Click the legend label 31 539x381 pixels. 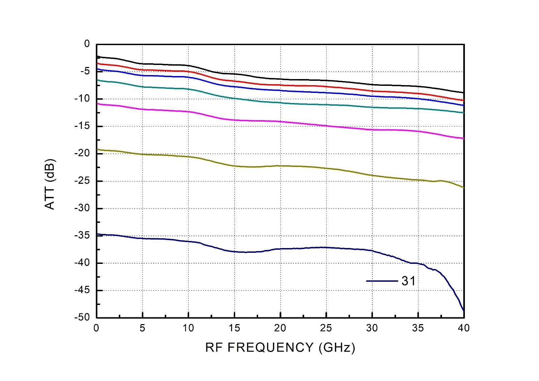(409, 281)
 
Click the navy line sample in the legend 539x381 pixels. (382, 281)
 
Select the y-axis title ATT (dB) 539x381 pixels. (50, 184)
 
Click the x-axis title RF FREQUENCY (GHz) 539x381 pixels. (280, 347)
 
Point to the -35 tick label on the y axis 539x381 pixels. (82, 235)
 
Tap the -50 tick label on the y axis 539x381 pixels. (82, 317)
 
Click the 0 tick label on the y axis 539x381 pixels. (87, 44)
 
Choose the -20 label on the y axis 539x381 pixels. (82, 153)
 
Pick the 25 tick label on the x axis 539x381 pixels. (326, 328)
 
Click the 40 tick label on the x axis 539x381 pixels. (464, 328)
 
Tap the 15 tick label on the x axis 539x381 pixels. (234, 328)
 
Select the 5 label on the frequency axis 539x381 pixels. (142, 328)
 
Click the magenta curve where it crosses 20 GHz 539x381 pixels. (280, 122)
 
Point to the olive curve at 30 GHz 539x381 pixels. (372, 175)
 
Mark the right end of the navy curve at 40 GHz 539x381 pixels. (464, 310)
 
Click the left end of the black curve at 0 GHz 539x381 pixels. (97, 56)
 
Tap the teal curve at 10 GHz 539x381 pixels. (188, 89)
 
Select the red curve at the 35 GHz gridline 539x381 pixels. (418, 94)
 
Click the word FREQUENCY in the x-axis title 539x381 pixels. (271, 347)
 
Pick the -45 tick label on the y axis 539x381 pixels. (82, 290)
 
